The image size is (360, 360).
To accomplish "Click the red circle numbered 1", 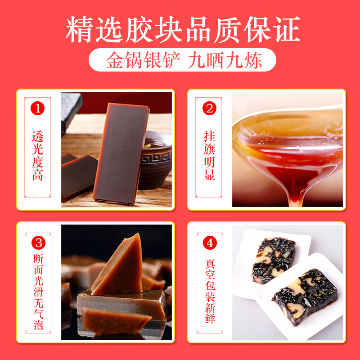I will [38, 108].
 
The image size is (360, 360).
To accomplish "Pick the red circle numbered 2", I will [209, 108].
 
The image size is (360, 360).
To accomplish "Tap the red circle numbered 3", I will [38, 243].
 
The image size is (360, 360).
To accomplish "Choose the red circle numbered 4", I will [209, 243].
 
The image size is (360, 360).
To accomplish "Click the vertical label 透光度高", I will [38, 155].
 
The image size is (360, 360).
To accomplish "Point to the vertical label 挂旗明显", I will [209, 155].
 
